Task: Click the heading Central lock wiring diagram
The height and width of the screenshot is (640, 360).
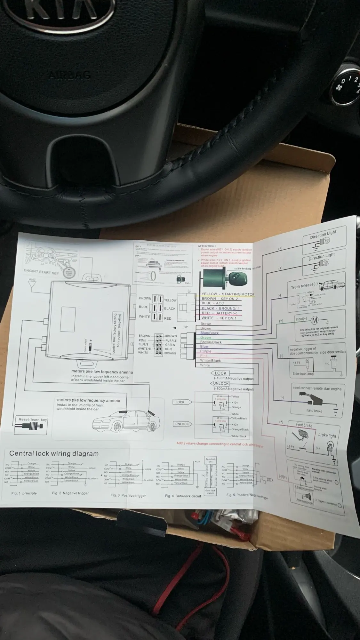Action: point(54,453)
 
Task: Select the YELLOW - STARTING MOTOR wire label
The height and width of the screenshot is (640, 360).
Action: point(228,294)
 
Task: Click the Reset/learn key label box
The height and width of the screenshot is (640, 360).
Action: point(33,420)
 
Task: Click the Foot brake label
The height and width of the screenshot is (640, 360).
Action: point(304,425)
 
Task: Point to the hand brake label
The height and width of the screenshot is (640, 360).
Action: point(314,411)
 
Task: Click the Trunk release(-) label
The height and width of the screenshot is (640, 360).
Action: point(304,286)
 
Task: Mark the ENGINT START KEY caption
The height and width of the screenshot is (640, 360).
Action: point(41,272)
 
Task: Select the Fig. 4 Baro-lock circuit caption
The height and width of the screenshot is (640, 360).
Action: point(183,496)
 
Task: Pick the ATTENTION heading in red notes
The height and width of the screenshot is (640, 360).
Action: point(207,246)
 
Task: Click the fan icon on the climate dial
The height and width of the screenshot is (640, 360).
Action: point(339,87)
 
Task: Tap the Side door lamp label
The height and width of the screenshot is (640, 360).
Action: point(303,373)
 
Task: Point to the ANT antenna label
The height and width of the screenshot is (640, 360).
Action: point(32,279)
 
